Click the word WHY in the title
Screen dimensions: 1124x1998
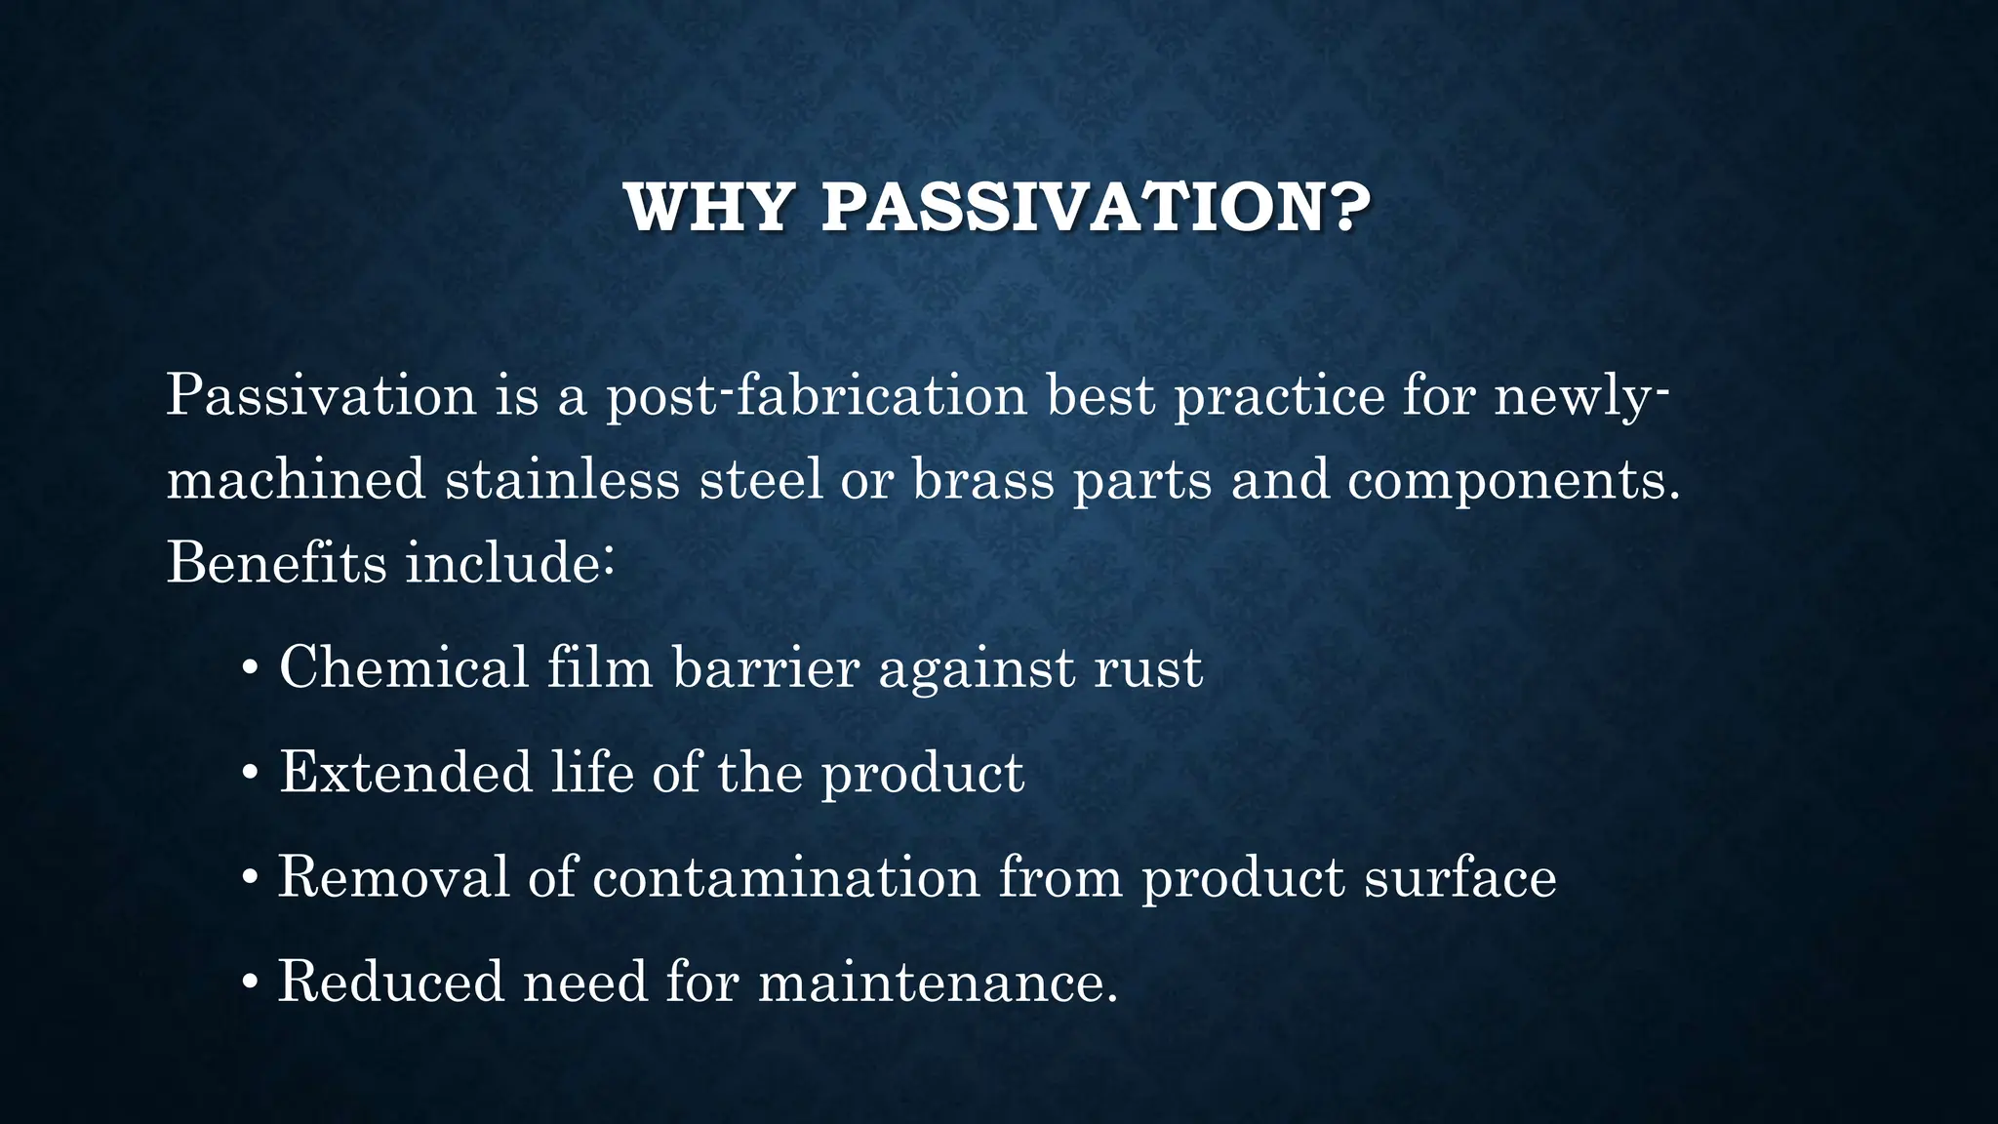point(707,208)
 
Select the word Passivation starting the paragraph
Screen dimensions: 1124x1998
point(321,395)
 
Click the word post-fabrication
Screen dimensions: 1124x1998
point(817,395)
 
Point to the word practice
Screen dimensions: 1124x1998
point(1279,395)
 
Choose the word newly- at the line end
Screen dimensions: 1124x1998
point(1581,397)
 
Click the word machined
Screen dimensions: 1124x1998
point(296,479)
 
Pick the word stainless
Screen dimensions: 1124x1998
point(562,479)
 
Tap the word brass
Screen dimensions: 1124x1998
point(983,479)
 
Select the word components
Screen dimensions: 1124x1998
point(1513,481)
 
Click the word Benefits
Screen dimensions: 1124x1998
point(276,563)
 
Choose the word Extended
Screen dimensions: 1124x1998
point(406,773)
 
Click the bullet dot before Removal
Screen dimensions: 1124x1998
point(251,879)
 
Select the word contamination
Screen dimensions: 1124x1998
point(785,877)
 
